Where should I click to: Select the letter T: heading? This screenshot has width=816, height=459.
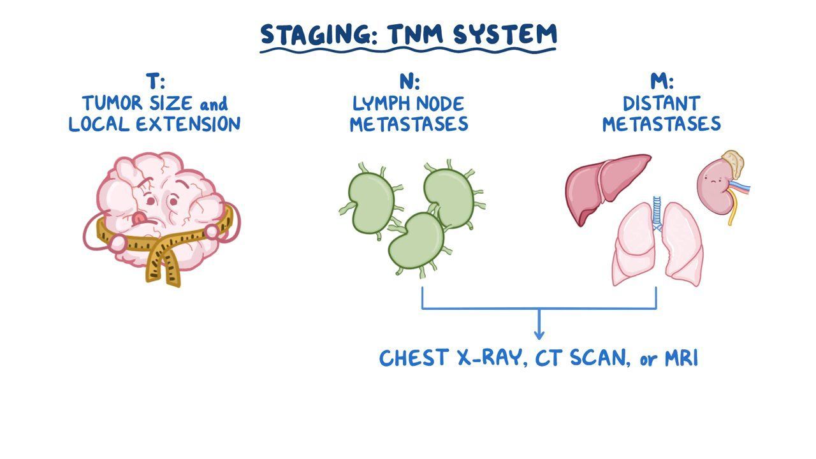[x=155, y=82]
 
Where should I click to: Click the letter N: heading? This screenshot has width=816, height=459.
[x=409, y=82]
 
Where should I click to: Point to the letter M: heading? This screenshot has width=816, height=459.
[x=662, y=82]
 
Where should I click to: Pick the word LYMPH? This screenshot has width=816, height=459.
[x=380, y=103]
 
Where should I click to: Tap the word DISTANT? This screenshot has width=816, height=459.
[x=661, y=103]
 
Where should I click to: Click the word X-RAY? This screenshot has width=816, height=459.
[x=481, y=358]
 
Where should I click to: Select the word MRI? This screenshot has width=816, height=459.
[x=681, y=358]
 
